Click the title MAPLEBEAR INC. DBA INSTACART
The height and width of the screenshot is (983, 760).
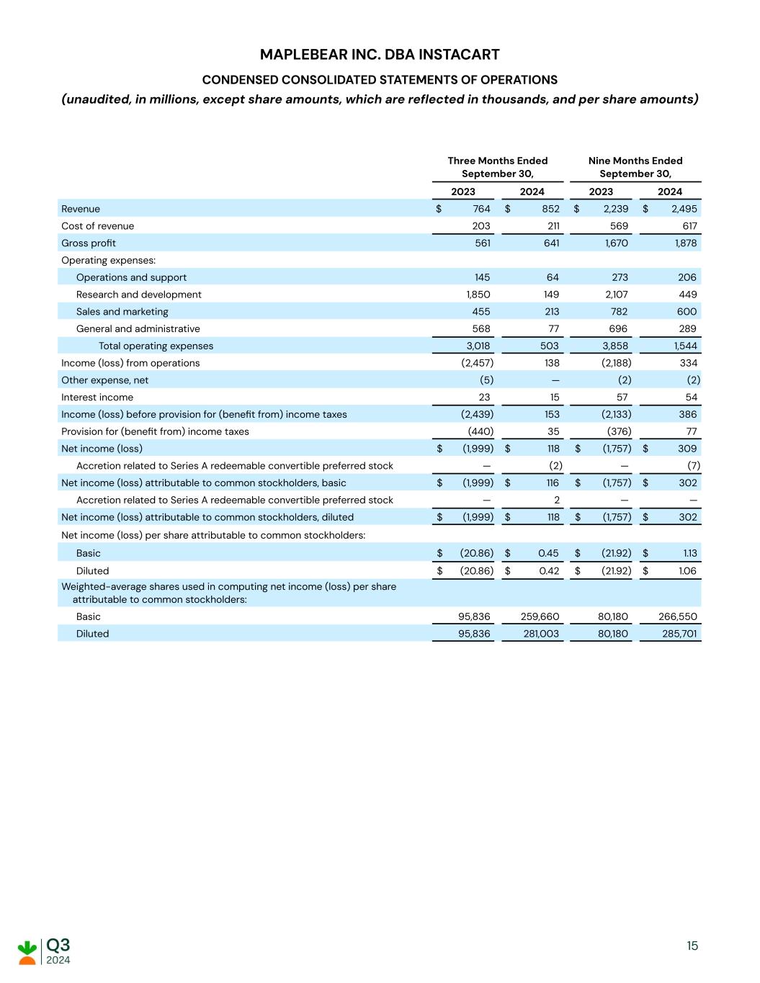(380, 55)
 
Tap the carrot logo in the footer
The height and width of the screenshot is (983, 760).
(27, 951)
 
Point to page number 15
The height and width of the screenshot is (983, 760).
(692, 946)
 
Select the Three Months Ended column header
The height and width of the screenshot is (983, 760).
(497, 167)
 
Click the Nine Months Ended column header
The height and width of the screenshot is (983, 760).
(635, 167)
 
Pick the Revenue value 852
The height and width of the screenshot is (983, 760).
(550, 209)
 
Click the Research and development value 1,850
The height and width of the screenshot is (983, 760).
(478, 295)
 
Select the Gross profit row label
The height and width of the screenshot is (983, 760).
(89, 243)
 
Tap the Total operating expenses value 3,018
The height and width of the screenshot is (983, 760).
(478, 346)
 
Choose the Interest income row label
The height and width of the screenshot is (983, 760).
(97, 398)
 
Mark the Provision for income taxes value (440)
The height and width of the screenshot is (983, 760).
(480, 431)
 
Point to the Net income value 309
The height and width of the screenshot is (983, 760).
(687, 449)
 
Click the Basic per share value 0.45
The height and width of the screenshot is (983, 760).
(549, 553)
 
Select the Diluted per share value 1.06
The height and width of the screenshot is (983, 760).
(687, 570)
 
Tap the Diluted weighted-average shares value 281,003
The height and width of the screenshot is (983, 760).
(541, 634)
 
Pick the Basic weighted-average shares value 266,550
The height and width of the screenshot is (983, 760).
(678, 616)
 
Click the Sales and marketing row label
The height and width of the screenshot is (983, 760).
(122, 312)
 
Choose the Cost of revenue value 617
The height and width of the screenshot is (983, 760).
(688, 226)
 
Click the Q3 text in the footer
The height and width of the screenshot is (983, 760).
(58, 945)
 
